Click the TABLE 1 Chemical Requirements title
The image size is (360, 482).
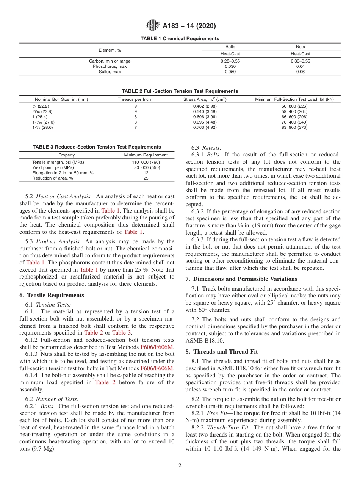180,39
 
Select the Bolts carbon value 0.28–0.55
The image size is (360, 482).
230,61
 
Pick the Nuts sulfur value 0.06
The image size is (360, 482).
300,72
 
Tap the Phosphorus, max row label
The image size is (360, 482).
110,66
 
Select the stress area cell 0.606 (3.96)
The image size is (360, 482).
205,117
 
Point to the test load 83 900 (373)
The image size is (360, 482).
294,127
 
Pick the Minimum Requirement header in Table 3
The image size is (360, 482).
146,155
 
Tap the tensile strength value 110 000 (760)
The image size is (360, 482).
146,162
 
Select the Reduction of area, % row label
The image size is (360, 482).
53,178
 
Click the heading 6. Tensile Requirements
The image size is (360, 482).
52,295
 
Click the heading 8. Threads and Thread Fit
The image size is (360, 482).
222,351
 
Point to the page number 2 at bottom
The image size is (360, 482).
180,466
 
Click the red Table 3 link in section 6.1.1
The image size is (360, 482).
122,333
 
